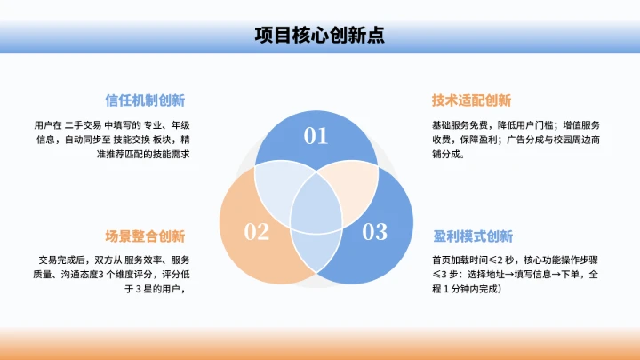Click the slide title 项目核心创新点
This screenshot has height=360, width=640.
coord(319,35)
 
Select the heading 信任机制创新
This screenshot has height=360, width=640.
coord(145,100)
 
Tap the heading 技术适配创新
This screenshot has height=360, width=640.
coord(471,100)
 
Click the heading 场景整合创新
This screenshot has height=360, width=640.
coord(145,236)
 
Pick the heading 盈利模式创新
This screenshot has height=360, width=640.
coord(472,236)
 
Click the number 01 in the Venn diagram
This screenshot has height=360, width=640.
coord(316,136)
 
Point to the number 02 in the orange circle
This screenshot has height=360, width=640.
coord(256,232)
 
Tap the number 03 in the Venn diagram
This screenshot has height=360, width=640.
coord(375,232)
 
